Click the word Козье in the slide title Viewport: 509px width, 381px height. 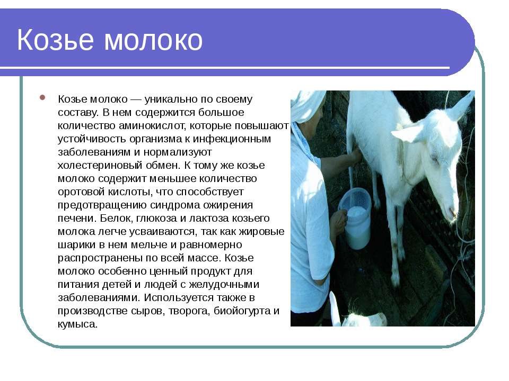(x=55, y=40)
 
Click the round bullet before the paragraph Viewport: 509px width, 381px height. (x=42, y=97)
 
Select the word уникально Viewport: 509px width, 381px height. (x=171, y=99)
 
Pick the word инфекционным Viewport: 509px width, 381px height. (x=232, y=139)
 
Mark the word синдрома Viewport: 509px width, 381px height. (x=176, y=205)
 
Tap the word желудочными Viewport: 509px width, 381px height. (x=224, y=285)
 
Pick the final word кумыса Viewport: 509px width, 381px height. (x=77, y=324)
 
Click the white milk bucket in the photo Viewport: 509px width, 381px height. (x=355, y=219)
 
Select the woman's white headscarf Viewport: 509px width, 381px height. (x=307, y=105)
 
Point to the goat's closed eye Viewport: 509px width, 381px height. (x=434, y=159)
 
